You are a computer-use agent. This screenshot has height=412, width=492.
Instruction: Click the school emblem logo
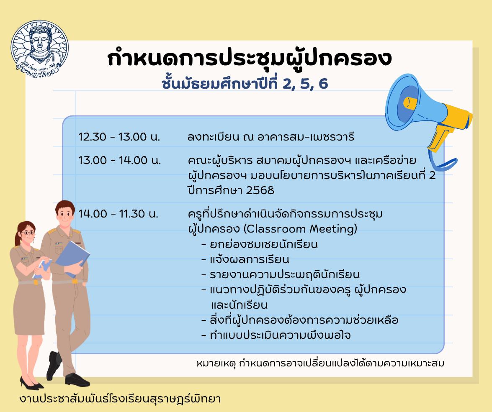(39, 49)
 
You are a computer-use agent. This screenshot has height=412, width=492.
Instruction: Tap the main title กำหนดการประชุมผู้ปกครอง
(250, 59)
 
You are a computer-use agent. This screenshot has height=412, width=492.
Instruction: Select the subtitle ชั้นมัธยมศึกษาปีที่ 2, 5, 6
(245, 83)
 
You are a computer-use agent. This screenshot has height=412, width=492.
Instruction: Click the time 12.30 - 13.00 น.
(119, 137)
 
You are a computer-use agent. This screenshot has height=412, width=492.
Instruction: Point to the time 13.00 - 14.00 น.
(119, 160)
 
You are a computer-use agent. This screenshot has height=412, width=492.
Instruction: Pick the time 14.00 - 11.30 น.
(118, 214)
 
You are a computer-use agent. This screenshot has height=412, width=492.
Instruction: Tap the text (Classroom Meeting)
(300, 229)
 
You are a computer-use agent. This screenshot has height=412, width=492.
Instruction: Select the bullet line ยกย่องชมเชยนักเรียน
(260, 244)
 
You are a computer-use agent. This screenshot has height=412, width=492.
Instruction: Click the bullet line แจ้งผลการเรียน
(245, 260)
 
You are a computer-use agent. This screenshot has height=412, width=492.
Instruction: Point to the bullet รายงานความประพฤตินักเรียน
(281, 275)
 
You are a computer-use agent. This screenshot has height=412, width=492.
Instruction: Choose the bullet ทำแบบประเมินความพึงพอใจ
(276, 335)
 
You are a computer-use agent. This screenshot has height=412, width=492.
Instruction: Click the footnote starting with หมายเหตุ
(320, 364)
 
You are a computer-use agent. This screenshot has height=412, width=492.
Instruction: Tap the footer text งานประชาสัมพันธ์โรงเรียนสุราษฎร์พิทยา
(120, 399)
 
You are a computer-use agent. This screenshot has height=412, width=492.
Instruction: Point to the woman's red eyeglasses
(28, 233)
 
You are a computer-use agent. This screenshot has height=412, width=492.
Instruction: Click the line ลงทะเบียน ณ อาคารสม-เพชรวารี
(271, 137)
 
